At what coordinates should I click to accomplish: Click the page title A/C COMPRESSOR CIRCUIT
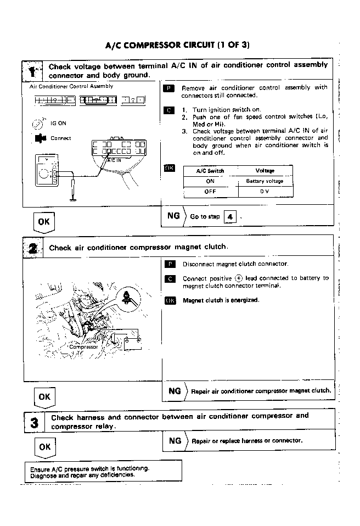point(178,45)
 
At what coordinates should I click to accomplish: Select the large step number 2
point(33,248)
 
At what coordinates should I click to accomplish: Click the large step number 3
point(34,422)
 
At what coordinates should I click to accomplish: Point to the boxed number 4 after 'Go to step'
point(230,217)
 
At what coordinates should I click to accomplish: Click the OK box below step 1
point(44,221)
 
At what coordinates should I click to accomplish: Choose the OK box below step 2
point(44,396)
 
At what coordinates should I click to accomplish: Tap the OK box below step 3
point(44,447)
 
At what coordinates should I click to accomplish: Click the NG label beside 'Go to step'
point(173,216)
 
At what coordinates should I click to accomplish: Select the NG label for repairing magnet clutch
point(175,391)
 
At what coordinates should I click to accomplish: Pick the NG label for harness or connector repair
point(175,440)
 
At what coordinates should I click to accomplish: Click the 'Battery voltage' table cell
point(265,181)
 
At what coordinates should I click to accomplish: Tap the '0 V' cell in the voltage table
point(265,192)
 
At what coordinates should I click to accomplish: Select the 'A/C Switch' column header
point(210,171)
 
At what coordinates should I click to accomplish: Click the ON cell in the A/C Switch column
point(210,181)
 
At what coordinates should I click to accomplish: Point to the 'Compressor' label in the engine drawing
point(83,347)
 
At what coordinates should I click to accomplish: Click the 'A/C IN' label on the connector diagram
point(114,160)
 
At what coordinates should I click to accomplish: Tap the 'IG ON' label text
point(58,124)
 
